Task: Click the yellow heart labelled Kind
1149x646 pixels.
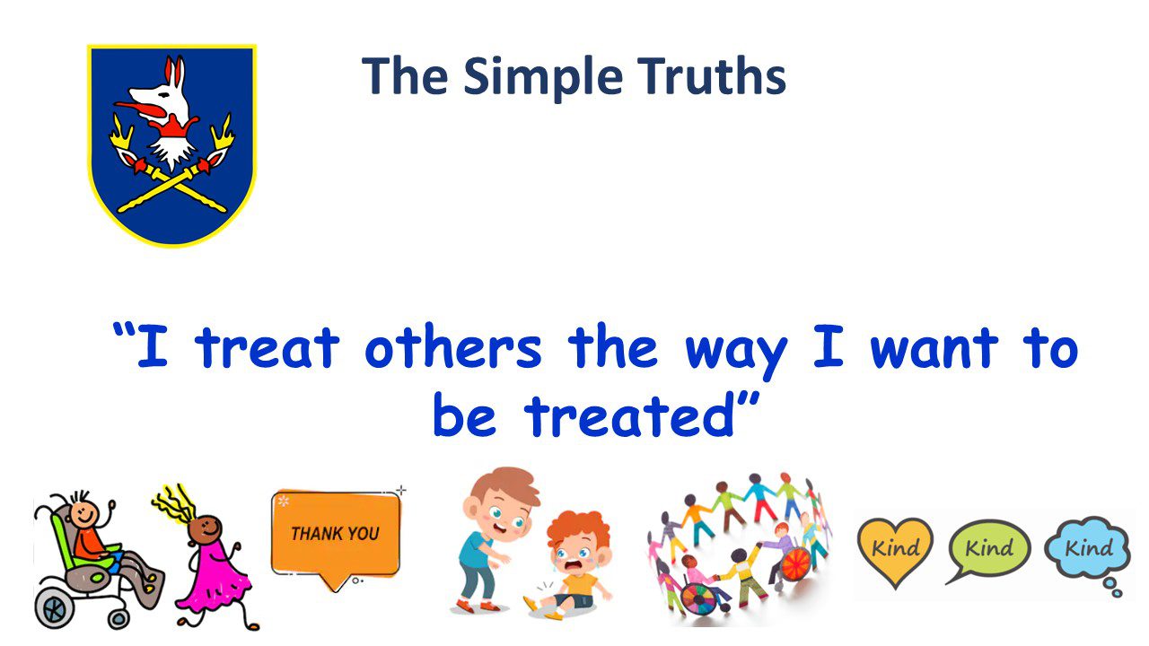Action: (x=895, y=548)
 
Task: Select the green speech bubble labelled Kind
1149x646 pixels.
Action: (x=988, y=548)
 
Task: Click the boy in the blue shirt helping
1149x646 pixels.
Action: (x=489, y=538)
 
